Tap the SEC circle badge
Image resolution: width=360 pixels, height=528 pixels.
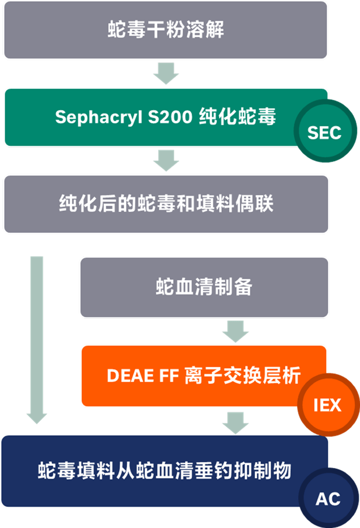324,133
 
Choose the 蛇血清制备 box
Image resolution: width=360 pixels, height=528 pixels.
204,287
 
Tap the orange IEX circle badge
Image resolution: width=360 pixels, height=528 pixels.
327,405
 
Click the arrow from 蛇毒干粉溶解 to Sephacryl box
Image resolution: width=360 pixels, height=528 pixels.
166,73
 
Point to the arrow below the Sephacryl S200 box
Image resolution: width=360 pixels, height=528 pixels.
166,160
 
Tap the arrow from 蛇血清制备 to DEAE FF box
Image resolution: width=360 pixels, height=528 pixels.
236,331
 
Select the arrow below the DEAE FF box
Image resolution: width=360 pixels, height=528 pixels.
236,422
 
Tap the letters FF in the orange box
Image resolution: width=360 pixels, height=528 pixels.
165,376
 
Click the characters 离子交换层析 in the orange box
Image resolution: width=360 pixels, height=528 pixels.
242,376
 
